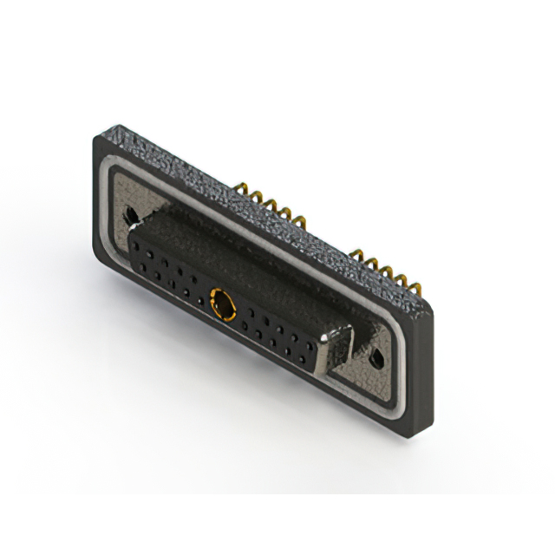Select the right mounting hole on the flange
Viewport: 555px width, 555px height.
[x=375, y=357]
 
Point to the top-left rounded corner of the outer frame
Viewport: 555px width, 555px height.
[x=97, y=139]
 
